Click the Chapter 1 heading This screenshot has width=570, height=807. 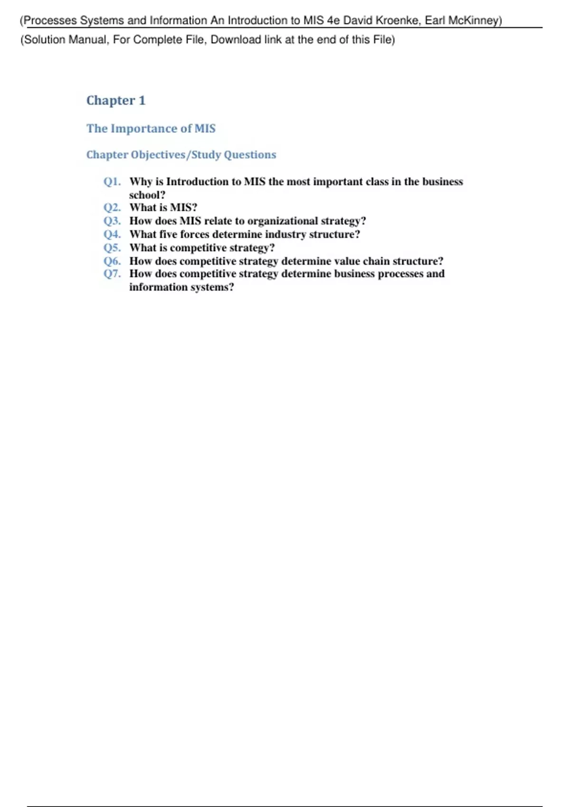pos(116,101)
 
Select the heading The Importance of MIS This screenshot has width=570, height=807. pos(151,129)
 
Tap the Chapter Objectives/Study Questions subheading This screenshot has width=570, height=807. pos(181,155)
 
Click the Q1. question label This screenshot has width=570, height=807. pos(112,182)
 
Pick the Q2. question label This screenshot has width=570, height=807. pos(112,208)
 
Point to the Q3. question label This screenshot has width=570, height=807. pos(112,221)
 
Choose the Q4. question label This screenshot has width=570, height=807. pos(112,235)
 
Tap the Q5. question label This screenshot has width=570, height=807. pos(112,248)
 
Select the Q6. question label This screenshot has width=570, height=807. pos(112,261)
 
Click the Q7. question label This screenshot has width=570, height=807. pos(112,274)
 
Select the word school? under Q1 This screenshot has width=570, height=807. pos(147,195)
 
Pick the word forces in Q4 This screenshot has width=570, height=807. pos(194,235)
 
